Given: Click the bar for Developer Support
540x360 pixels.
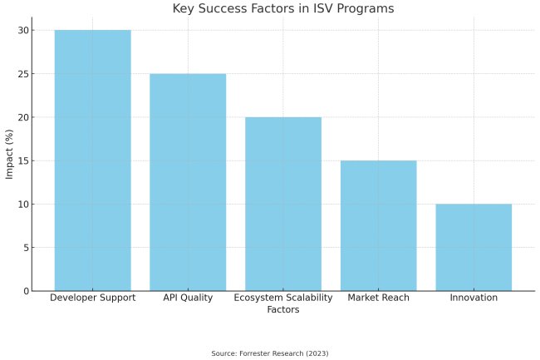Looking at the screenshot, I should click(92, 160).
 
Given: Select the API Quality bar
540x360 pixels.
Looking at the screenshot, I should click(188, 182).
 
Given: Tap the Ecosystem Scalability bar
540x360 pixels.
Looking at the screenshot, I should click(282, 204).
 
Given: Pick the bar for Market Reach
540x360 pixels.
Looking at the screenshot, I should click(378, 225).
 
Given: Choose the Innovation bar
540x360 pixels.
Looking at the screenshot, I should click(474, 247).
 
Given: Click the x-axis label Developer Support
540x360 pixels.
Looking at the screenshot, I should click(92, 298).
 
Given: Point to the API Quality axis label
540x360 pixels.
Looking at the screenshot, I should click(188, 298).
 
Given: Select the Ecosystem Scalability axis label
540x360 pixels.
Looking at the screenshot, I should click(282, 298).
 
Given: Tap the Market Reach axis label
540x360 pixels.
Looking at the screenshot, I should click(378, 298).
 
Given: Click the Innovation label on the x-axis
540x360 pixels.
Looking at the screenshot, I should click(474, 298).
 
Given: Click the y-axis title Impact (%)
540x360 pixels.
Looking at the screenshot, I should click(9, 154).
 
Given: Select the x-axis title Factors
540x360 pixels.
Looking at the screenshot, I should click(282, 309).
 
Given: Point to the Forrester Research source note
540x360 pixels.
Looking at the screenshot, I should click(270, 353).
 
